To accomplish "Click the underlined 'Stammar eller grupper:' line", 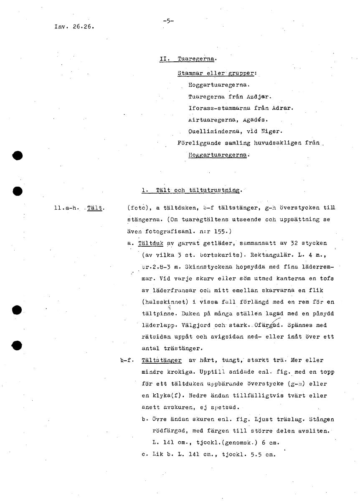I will pos(216,73).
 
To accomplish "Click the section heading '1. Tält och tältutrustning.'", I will pos(191,190).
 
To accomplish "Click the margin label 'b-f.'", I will pos(127,360).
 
